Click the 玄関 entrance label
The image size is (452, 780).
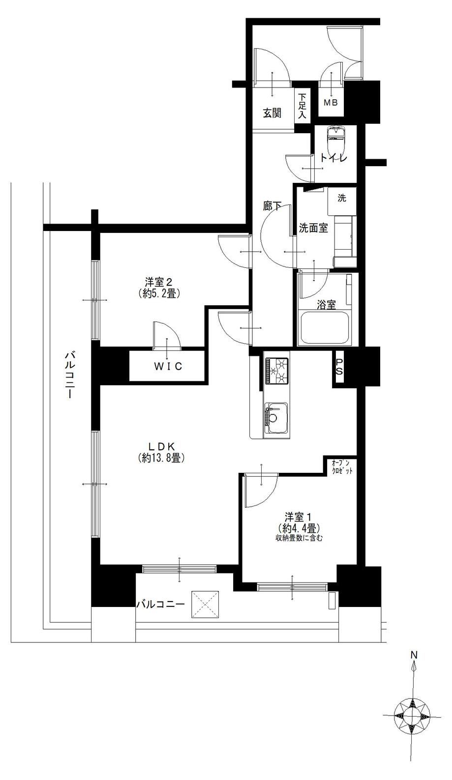(x=272, y=113)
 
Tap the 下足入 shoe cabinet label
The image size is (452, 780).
(x=302, y=106)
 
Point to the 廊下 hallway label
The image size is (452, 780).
(x=272, y=206)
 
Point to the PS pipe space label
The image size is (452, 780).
(x=339, y=367)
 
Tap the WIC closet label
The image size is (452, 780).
(x=169, y=366)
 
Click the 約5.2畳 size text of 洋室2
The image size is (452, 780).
(x=158, y=293)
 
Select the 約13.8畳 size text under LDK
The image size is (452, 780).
(x=161, y=458)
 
